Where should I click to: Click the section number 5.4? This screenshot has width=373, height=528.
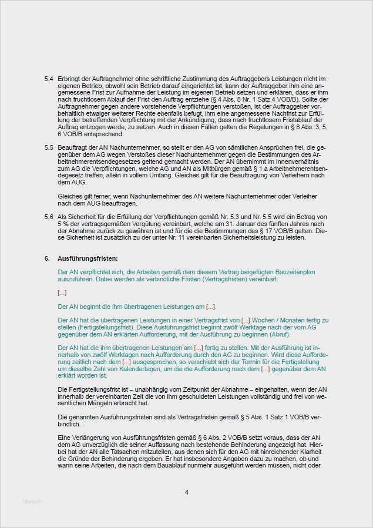coord(49,79)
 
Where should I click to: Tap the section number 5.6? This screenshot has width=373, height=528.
coord(49,217)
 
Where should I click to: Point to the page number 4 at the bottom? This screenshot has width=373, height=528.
coord(186,492)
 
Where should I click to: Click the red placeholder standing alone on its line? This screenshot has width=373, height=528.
coord(62,292)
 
